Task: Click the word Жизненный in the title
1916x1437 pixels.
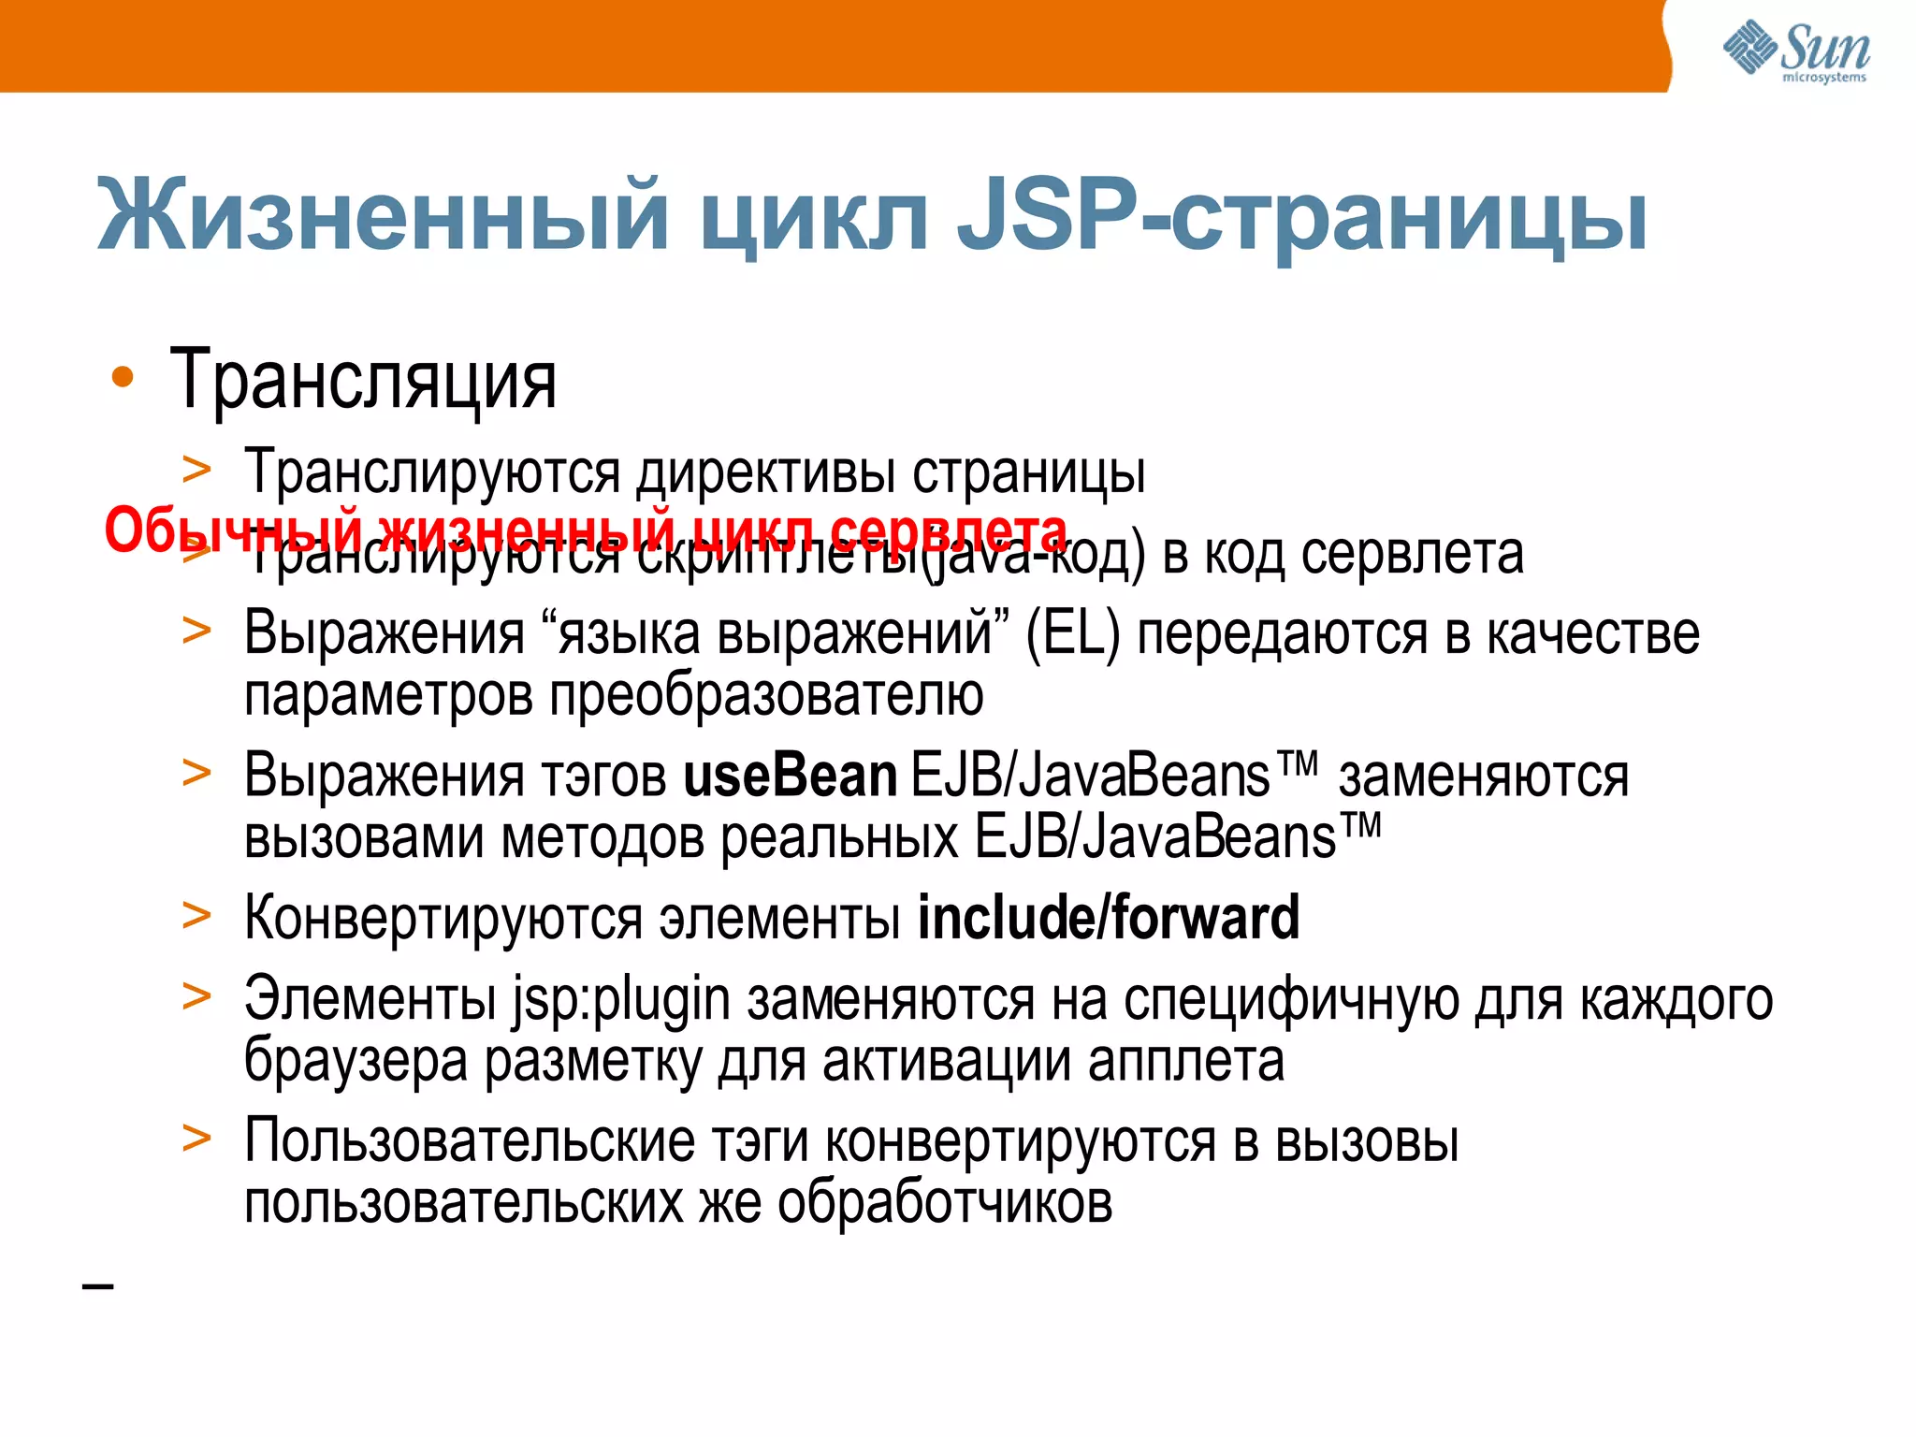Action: (384, 217)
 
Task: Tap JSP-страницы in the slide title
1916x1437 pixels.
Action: (1300, 217)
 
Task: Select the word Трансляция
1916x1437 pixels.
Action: (363, 380)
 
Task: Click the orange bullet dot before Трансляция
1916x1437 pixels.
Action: (123, 378)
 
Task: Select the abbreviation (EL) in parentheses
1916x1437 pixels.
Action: (1072, 634)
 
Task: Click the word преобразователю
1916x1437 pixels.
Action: (765, 696)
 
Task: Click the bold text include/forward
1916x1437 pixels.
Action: (1109, 918)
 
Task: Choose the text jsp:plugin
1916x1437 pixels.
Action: (620, 999)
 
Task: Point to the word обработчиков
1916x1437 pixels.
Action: (945, 1203)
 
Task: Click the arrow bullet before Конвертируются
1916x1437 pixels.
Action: (196, 916)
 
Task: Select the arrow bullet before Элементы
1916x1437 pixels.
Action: (196, 996)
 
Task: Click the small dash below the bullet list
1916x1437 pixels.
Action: (98, 1287)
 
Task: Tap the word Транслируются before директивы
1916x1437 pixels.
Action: (432, 472)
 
